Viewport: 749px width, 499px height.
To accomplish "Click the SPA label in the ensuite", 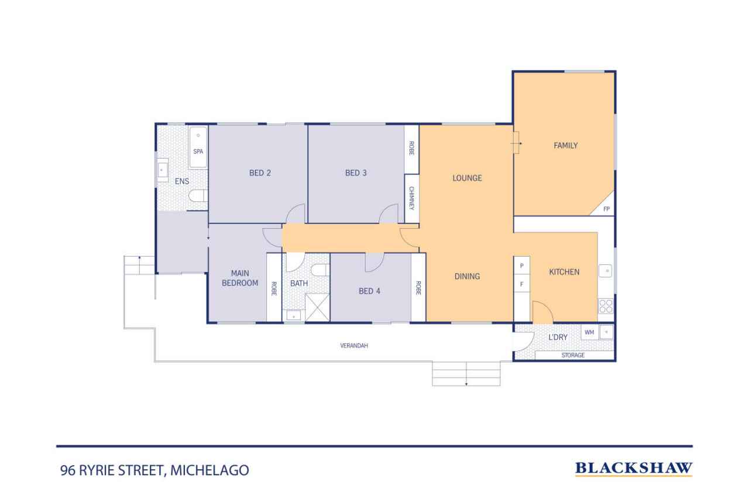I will [198, 152].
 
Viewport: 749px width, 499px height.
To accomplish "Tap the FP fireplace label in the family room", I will [606, 209].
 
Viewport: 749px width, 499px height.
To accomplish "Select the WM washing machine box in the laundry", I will [589, 332].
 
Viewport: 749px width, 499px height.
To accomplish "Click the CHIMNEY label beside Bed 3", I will [411, 199].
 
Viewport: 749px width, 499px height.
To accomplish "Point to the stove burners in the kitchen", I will [606, 306].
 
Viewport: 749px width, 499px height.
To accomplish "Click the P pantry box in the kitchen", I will [521, 266].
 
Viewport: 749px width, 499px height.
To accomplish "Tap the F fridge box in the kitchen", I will [521, 285].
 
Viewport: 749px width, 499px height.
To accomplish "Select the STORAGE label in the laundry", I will [573, 355].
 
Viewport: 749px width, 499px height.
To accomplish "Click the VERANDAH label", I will [354, 346].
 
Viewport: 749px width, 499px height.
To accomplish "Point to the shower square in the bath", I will [317, 306].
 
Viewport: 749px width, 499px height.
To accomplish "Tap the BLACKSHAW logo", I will [634, 468].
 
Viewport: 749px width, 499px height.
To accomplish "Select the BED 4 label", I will [369, 291].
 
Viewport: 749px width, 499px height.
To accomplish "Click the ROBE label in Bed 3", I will [411, 149].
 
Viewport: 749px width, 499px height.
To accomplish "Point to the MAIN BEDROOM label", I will [244, 278].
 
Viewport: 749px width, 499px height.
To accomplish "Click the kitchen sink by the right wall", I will [607, 271].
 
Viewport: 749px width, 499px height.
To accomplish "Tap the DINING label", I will [467, 276].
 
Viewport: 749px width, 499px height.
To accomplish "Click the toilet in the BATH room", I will [319, 270].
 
